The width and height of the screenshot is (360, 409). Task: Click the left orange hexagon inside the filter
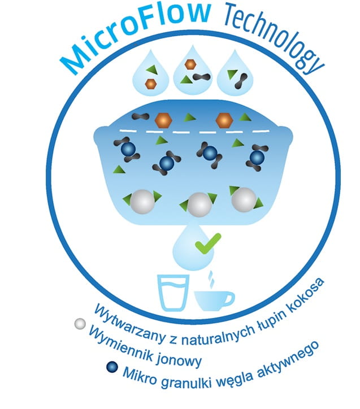coord(163,119)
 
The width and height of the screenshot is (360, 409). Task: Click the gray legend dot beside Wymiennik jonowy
coord(80,324)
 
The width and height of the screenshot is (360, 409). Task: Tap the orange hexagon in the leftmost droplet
coord(151,84)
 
